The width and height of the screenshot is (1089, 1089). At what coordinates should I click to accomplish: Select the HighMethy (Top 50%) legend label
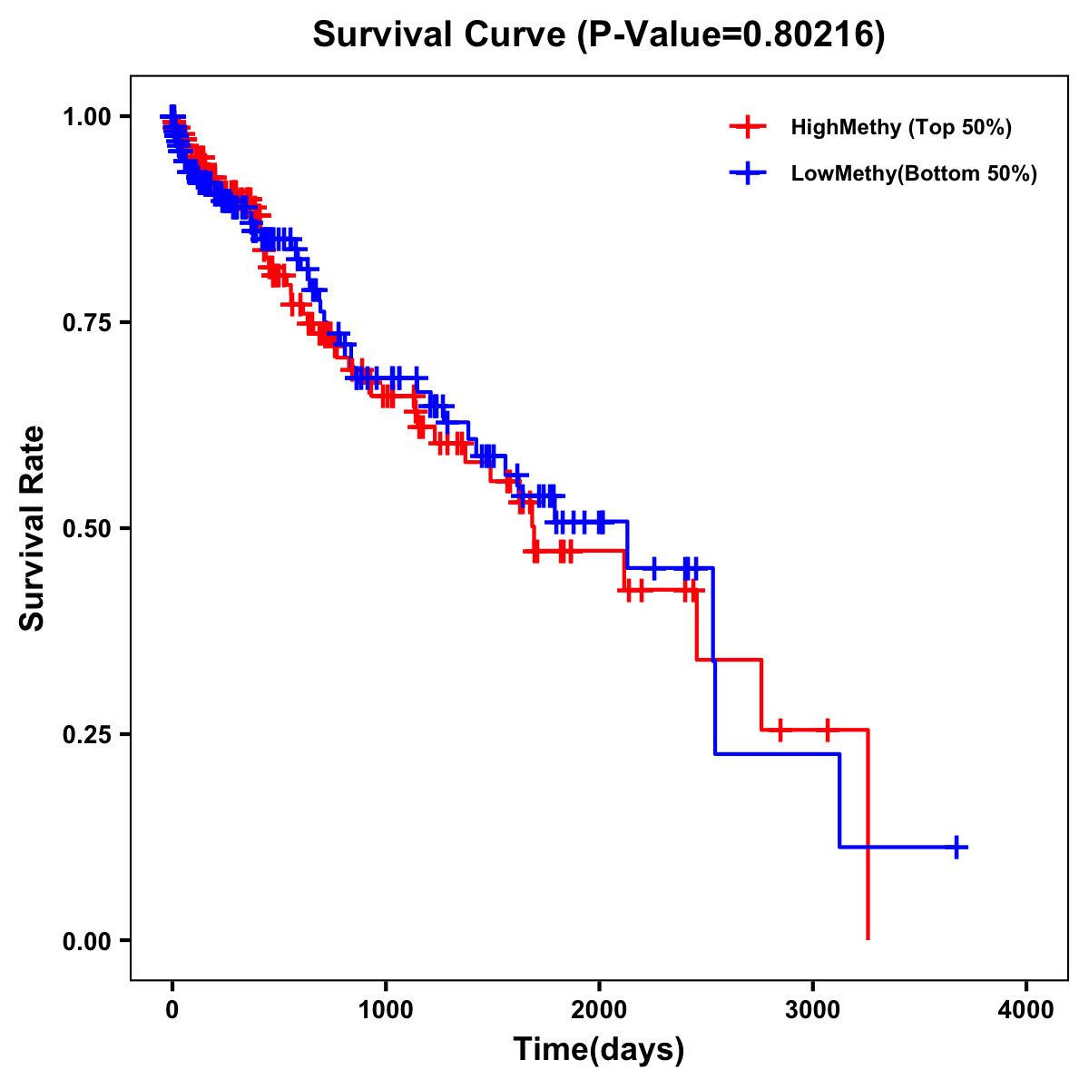coord(900,127)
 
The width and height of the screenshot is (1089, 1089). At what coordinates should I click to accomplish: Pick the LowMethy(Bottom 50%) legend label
coord(914,173)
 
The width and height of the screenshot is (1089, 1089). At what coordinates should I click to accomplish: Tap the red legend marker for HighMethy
coord(747,127)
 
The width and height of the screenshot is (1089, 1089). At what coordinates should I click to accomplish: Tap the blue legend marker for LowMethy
coord(747,173)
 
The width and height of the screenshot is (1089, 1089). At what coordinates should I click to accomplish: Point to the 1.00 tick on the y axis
coord(86,117)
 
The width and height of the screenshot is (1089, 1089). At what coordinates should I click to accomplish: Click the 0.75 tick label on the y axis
coord(86,323)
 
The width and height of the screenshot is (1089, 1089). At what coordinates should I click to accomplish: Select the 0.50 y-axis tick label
coord(86,528)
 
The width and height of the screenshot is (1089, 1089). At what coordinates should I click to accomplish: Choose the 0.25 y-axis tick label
coord(86,734)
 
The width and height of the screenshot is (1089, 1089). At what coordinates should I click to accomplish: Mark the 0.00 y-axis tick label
coord(86,940)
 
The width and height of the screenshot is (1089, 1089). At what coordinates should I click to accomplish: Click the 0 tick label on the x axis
coord(172,1010)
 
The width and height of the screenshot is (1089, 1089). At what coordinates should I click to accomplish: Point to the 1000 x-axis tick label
coord(386,1010)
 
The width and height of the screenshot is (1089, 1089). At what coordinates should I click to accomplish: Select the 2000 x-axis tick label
coord(599,1010)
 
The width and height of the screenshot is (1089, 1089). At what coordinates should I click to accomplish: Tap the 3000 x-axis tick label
coord(812,1010)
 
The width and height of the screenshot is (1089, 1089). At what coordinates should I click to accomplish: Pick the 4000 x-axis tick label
coord(1026,1010)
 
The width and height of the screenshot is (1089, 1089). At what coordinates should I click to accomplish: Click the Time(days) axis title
coord(599,1050)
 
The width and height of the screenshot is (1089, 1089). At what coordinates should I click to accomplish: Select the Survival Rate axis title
coord(33,528)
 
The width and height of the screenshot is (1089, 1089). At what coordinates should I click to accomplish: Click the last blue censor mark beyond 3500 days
coord(956,847)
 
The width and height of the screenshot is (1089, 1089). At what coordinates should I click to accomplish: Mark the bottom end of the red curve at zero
coord(868,937)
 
